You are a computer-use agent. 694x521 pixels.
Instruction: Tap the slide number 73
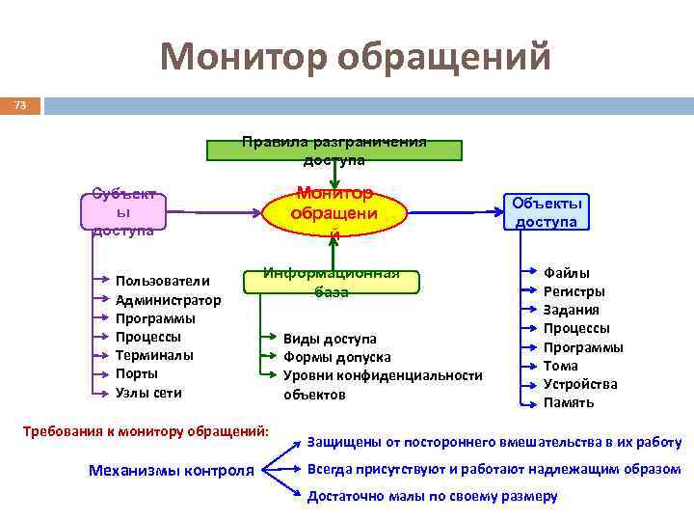[20, 104]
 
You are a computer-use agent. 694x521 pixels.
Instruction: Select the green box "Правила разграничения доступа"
[334, 151]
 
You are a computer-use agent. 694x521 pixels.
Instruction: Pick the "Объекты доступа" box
[547, 212]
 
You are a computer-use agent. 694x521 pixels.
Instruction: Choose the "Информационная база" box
[332, 282]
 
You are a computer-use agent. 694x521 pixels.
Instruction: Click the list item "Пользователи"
[162, 281]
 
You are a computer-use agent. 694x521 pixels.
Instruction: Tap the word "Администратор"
[168, 299]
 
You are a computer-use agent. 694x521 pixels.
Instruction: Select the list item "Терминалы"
[154, 355]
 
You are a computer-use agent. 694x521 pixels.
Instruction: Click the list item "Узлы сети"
[148, 392]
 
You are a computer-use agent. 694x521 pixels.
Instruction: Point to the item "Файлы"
[567, 273]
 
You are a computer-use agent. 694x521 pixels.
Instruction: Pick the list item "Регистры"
[574, 291]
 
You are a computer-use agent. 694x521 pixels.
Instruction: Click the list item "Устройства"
[580, 384]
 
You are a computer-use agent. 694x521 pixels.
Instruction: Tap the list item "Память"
[569, 402]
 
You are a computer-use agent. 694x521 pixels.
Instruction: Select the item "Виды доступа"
[330, 339]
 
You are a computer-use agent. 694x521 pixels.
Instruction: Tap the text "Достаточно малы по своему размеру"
[432, 496]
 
